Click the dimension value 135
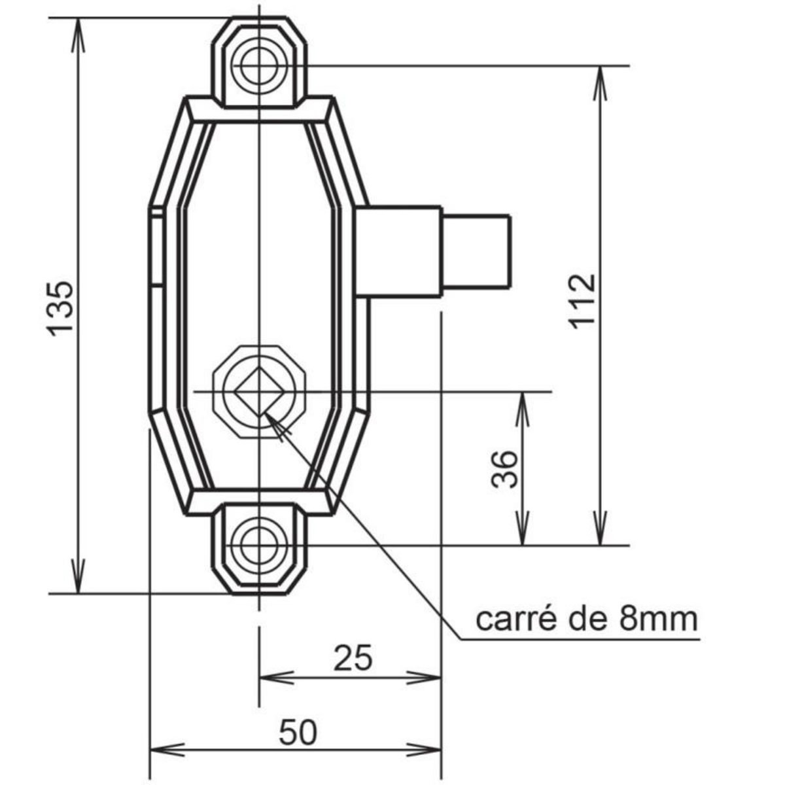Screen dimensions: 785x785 [61, 307]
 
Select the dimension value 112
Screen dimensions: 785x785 [582, 301]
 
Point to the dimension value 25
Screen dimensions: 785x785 [353, 658]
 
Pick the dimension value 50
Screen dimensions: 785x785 [298, 733]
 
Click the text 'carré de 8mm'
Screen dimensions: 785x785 [586, 618]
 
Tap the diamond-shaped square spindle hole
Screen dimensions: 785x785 [260, 392]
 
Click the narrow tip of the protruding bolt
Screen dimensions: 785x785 [477, 252]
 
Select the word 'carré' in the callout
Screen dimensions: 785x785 [506, 618]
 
